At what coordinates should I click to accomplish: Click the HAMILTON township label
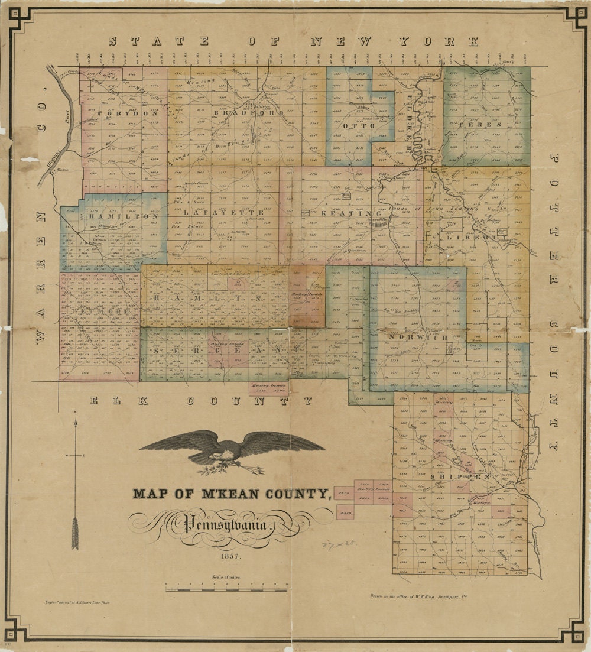pyautogui.click(x=124, y=216)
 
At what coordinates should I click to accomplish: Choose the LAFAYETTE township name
pyautogui.click(x=223, y=212)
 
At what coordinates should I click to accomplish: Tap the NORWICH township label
pyautogui.click(x=417, y=337)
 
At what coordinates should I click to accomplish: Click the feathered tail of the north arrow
pyautogui.click(x=75, y=532)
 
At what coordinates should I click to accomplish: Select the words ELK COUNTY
pyautogui.click(x=201, y=401)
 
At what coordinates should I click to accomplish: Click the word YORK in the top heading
pyautogui.click(x=437, y=41)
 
